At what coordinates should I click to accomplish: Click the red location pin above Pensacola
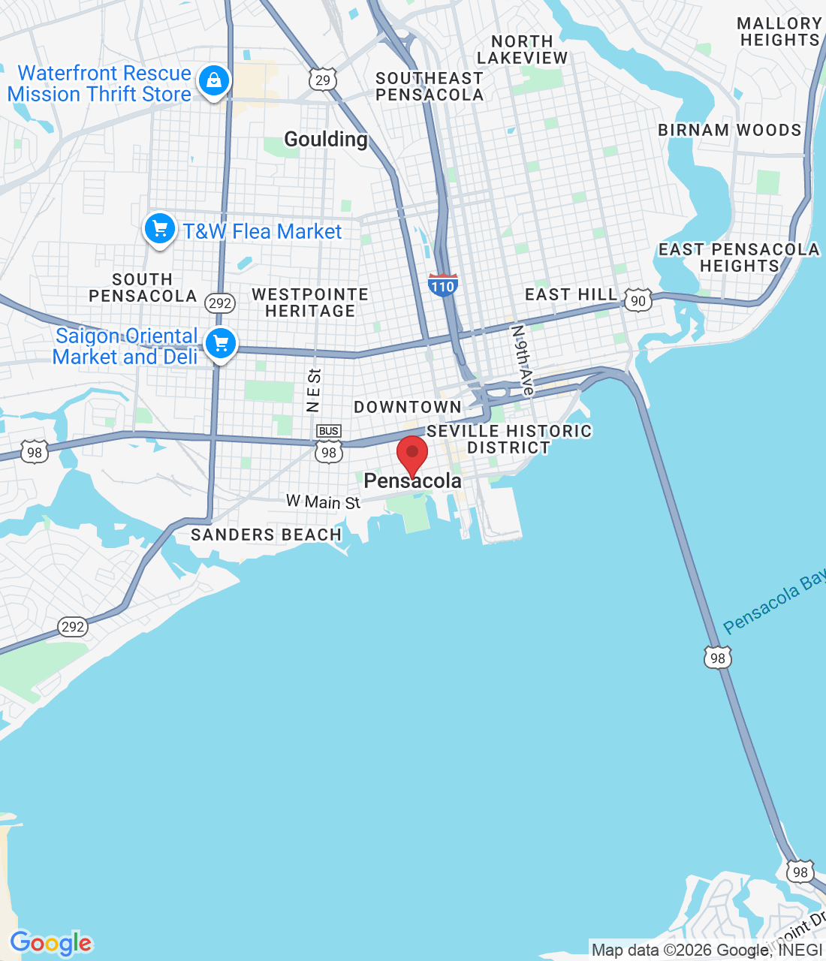[x=412, y=453]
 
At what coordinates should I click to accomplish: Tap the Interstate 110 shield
[x=442, y=285]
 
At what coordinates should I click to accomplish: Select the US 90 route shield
[x=638, y=300]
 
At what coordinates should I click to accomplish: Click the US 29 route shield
[x=322, y=80]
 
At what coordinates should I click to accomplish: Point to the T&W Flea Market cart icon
[x=159, y=230]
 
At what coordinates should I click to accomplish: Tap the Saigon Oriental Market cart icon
[x=220, y=344]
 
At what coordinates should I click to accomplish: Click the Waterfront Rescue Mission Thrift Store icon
[x=214, y=80]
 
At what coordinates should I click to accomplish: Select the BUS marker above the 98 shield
[x=329, y=431]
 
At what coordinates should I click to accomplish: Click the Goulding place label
[x=326, y=139]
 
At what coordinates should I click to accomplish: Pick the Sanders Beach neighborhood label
[x=266, y=535]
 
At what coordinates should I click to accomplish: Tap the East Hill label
[x=571, y=294]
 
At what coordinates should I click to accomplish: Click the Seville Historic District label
[x=509, y=439]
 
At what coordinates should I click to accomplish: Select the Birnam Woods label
[x=729, y=130]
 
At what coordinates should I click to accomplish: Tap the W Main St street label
[x=323, y=502]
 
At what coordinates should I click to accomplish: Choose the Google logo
[x=51, y=943]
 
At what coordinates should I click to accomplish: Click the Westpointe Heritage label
[x=310, y=303]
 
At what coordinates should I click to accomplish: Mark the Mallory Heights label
[x=779, y=32]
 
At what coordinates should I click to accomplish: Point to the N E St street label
[x=314, y=390]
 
